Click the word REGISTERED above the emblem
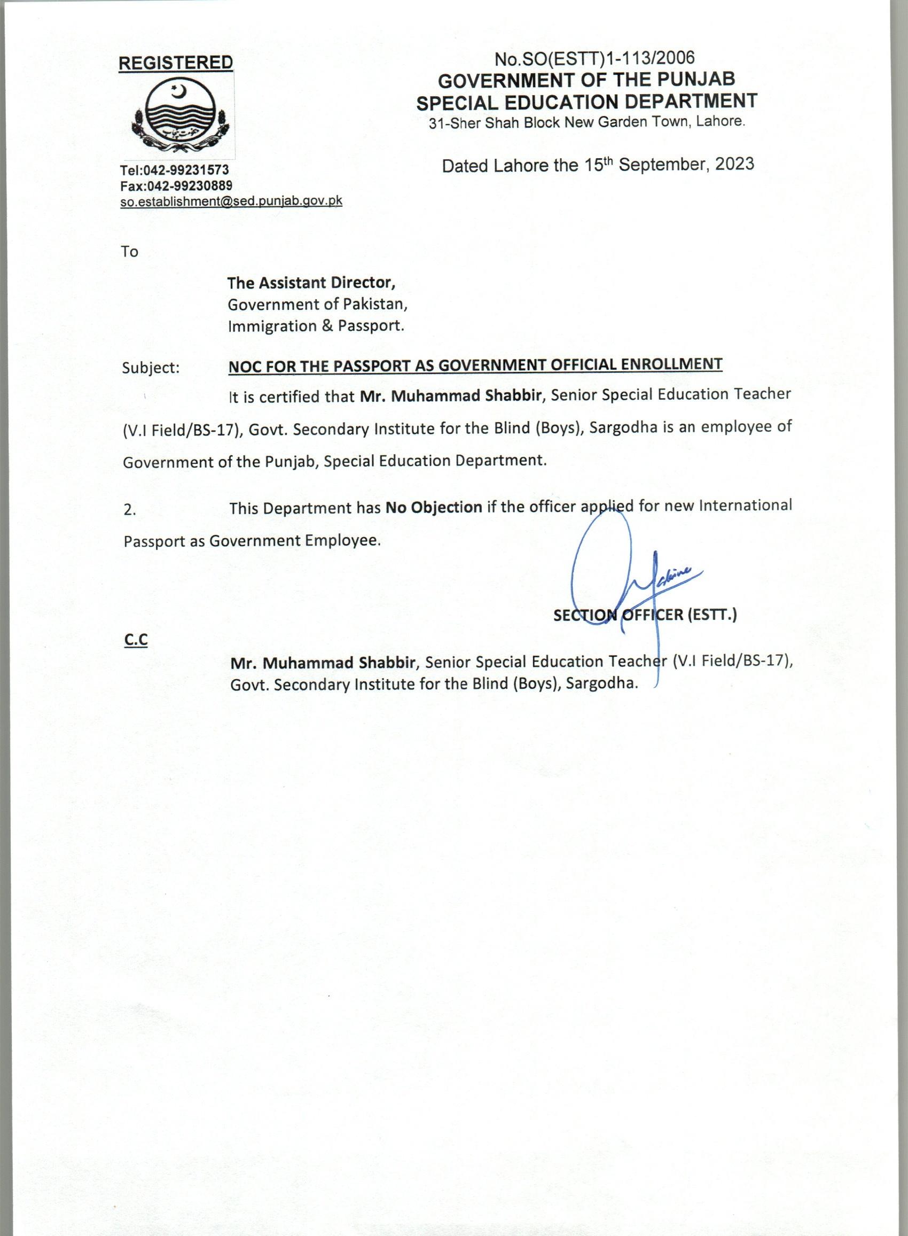(175, 63)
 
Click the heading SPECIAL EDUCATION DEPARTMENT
(586, 102)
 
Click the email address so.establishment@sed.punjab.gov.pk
(231, 201)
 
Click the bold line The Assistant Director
(311, 283)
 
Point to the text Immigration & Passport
(316, 326)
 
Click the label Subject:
(151, 368)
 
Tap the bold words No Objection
(434, 507)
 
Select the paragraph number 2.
(130, 510)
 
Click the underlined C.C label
(136, 640)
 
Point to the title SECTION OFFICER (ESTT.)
(645, 615)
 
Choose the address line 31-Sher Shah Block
(586, 122)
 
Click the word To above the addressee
(130, 252)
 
